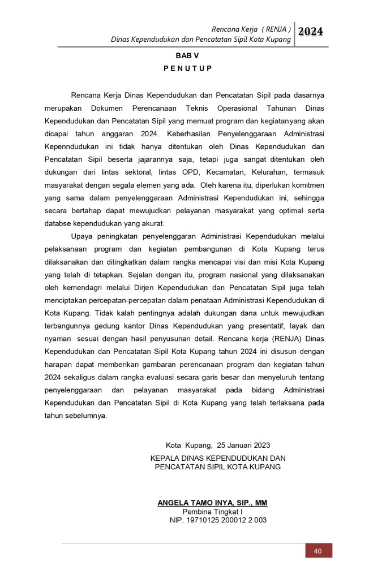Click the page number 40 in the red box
(318, 551)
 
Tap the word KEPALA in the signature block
(164, 458)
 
